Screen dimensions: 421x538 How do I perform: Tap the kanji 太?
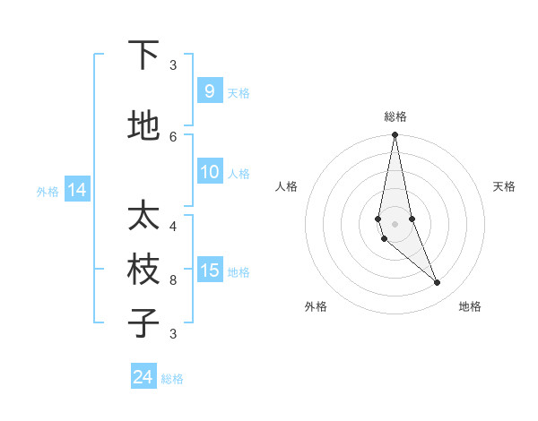(143, 216)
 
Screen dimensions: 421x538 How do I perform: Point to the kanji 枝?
(143, 270)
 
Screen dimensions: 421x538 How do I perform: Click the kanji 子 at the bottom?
(143, 322)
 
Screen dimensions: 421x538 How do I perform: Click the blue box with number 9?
(210, 91)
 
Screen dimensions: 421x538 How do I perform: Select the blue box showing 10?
(210, 173)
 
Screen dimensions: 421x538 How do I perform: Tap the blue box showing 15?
(210, 271)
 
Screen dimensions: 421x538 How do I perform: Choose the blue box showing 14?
(77, 190)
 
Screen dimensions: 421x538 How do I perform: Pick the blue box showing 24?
(143, 377)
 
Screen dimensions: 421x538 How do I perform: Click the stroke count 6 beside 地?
(173, 136)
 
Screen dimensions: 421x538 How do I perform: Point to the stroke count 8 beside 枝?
(173, 279)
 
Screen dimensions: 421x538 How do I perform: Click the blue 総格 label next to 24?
(172, 379)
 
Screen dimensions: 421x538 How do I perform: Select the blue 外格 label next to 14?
(48, 191)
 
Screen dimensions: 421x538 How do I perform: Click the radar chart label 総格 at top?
(395, 116)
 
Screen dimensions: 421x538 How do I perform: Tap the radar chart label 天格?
(504, 186)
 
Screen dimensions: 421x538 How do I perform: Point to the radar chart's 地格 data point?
(438, 283)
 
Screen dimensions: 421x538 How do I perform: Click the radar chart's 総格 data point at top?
(395, 135)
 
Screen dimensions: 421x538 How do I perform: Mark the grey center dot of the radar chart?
(395, 223)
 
